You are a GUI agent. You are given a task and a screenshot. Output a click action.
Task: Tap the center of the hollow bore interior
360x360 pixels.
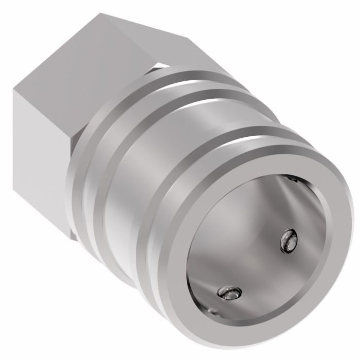tap(257, 242)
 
